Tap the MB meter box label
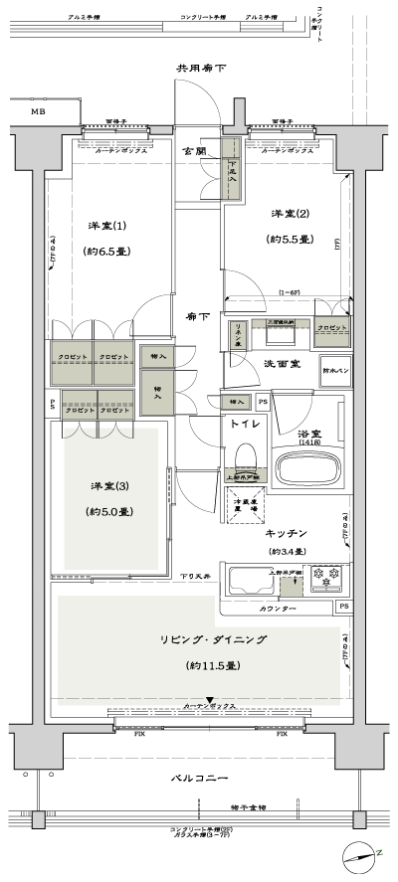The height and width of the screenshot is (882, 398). [37, 112]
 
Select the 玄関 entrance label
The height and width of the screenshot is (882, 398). [195, 151]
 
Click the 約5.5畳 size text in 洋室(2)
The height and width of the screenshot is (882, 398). [290, 240]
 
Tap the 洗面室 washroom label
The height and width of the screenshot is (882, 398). [283, 365]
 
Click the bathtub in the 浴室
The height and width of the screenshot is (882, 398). [306, 469]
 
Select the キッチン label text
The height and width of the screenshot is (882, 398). [293, 533]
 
